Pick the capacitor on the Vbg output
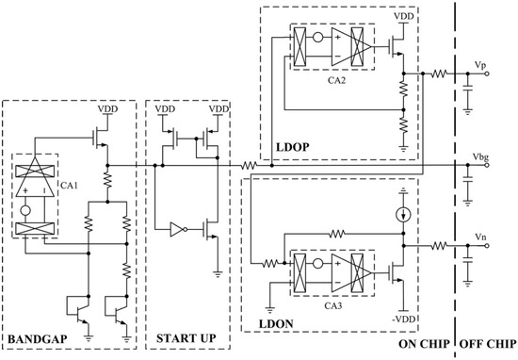point(467,180)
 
